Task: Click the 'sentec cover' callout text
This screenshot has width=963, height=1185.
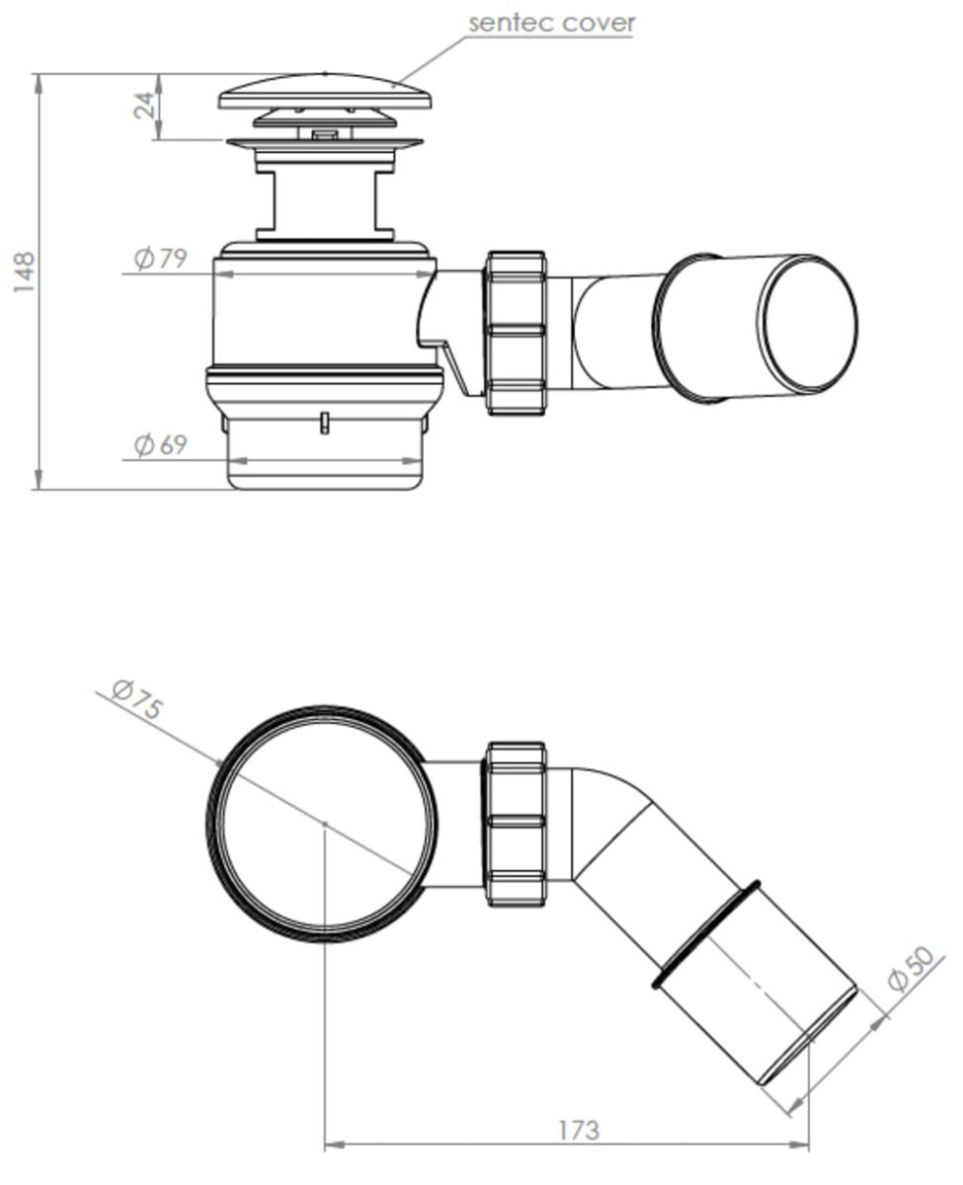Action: coord(551,24)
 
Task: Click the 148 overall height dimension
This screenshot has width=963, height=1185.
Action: coord(25,272)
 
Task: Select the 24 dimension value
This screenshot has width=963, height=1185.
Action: coord(144,105)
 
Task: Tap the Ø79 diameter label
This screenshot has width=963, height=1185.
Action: coord(160,258)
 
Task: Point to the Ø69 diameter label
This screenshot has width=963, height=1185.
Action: coord(160,444)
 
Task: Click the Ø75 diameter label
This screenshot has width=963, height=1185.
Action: coord(137,699)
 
